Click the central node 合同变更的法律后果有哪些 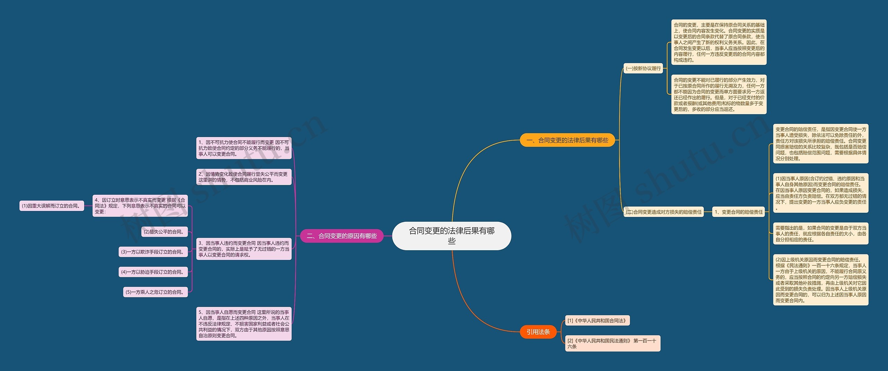pyautogui.click(x=451, y=236)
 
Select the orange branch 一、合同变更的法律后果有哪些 pyautogui.click(x=567, y=140)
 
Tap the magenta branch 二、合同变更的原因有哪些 pyautogui.click(x=342, y=236)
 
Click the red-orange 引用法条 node pyautogui.click(x=538, y=332)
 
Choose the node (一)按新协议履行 pyautogui.click(x=643, y=68)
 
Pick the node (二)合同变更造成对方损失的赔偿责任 pyautogui.click(x=664, y=212)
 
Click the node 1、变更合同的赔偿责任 pyautogui.click(x=739, y=212)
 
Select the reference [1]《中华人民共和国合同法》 pyautogui.click(x=597, y=321)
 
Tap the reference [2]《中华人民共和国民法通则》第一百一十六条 pyautogui.click(x=612, y=343)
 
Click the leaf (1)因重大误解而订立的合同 pyautogui.click(x=52, y=206)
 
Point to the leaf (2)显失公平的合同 pyautogui.click(x=164, y=232)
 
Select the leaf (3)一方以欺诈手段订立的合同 pyautogui.click(x=153, y=252)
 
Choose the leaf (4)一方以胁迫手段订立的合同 pyautogui.click(x=153, y=272)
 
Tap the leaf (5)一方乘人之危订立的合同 pyautogui.click(x=155, y=292)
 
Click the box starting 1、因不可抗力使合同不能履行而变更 pyautogui.click(x=244, y=148)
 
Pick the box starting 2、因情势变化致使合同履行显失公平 pyautogui.click(x=244, y=177)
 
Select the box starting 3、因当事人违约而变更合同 pyautogui.click(x=244, y=249)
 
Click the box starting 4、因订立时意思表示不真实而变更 pyautogui.click(x=140, y=206)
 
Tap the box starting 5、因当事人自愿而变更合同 pyautogui.click(x=244, y=324)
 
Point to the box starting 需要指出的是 pyautogui.click(x=820, y=234)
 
